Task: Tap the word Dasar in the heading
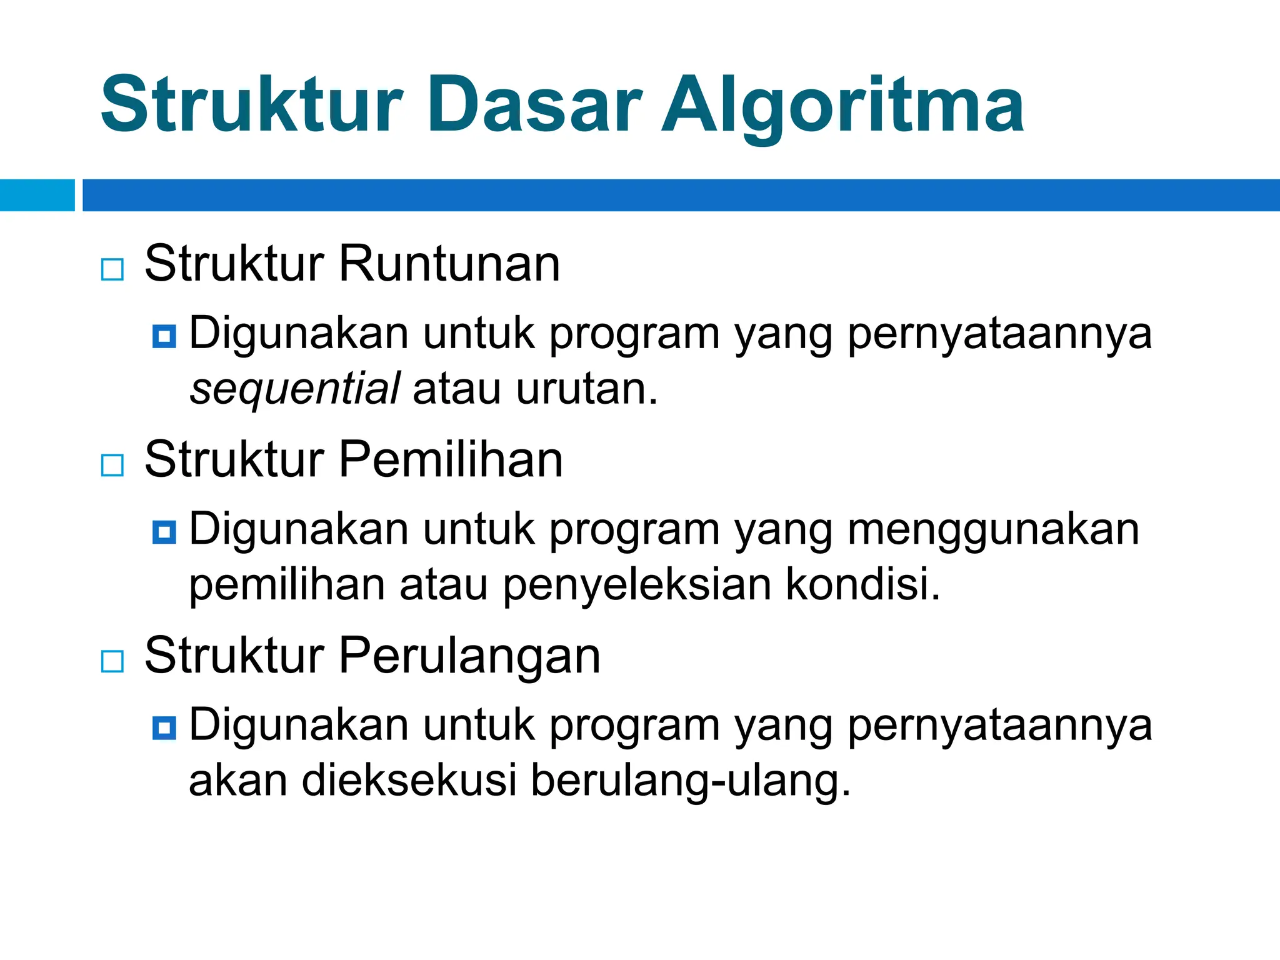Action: coord(534,105)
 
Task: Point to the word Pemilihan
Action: coord(451,460)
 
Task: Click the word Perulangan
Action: coord(469,656)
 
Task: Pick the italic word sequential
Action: coord(294,389)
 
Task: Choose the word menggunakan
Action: coord(993,530)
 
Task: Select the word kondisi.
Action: coord(862,584)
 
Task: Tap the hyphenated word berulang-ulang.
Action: coord(691,781)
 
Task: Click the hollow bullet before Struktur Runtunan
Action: coord(112,270)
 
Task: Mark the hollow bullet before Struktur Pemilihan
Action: coord(112,466)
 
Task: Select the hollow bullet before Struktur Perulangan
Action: coord(112,661)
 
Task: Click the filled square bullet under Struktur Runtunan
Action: coord(164,337)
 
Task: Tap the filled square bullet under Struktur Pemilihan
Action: coord(164,532)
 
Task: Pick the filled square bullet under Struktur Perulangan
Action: coord(164,728)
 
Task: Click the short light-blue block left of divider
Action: coord(37,195)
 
